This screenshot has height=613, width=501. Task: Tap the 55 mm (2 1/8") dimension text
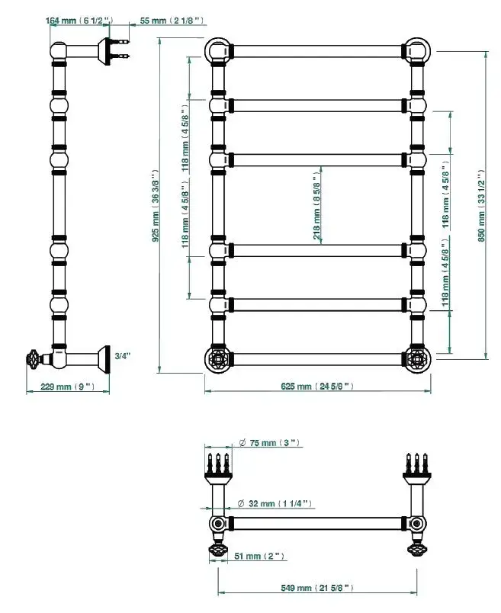[172, 21]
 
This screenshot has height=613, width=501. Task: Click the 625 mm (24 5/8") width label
[317, 387]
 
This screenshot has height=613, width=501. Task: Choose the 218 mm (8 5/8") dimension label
[316, 206]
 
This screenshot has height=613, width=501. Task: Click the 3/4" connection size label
[122, 355]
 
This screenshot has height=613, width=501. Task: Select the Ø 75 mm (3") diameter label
[271, 443]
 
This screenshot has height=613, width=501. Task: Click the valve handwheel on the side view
[34, 358]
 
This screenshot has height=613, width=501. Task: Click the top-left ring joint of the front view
[216, 50]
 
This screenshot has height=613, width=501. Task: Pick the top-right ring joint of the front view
[417, 50]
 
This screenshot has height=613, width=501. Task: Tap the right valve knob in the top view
[416, 550]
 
